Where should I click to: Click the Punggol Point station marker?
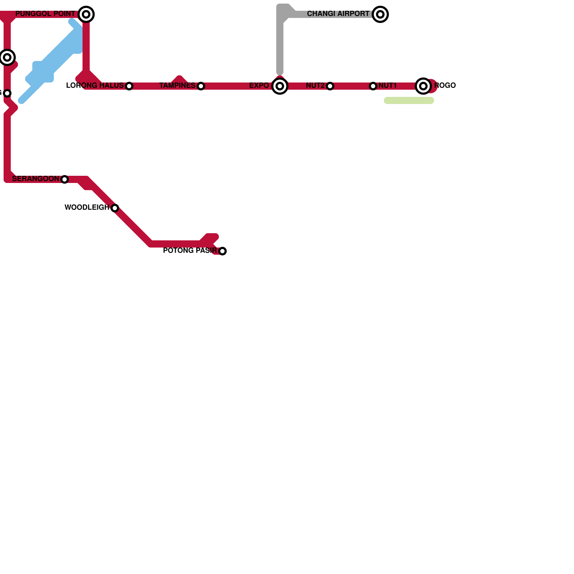86,14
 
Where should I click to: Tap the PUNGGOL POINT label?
45,14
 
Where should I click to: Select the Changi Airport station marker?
380,14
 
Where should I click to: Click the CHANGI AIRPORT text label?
338,14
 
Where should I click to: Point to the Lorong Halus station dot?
129,86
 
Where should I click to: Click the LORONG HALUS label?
95,86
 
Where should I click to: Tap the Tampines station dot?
201,86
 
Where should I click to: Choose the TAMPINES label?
177,86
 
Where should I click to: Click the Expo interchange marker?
280,86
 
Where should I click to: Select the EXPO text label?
259,86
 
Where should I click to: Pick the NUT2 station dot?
330,86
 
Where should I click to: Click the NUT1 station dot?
373,86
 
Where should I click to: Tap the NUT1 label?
387,86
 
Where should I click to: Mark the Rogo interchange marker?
423,86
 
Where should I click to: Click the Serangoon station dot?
65,179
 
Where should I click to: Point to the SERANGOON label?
36,179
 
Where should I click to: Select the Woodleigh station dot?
115,208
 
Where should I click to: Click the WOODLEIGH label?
87,208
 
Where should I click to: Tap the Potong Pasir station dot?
222,251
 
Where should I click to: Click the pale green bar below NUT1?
409,100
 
